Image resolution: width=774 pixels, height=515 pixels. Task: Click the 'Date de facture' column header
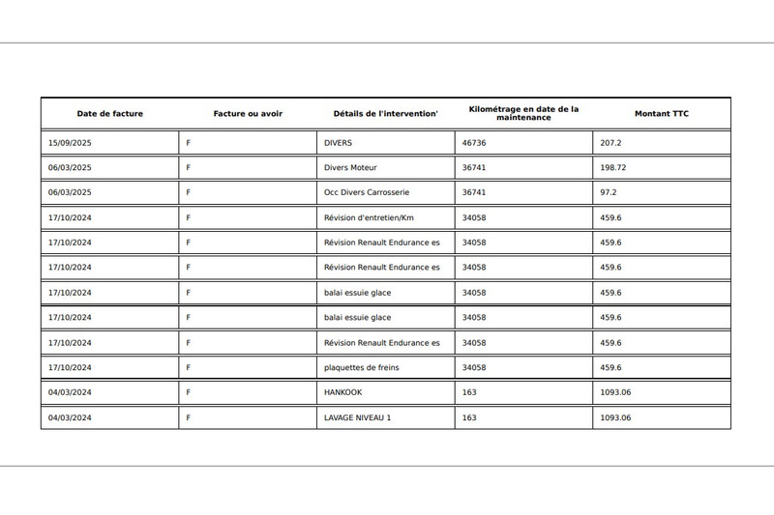pos(110,114)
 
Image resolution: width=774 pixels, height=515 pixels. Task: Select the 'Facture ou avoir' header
pos(248,114)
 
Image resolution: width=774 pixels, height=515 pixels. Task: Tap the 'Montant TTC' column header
pos(662,114)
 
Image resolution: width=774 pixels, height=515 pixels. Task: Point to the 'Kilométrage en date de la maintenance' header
pos(523,114)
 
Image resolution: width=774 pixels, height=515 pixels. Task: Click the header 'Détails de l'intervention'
pos(385,114)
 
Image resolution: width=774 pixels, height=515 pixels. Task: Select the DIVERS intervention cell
pos(339,142)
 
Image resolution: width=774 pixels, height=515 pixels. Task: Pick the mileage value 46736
pos(474,142)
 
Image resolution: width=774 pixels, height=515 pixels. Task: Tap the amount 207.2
pos(610,142)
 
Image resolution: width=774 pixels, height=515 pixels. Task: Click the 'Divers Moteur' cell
pos(350,167)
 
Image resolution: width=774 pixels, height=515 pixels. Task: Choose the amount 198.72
pos(613,167)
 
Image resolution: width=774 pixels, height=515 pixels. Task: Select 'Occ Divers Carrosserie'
pos(367,192)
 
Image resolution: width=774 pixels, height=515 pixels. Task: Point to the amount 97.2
pos(609,192)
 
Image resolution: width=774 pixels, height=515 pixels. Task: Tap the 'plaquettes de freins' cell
pos(362,367)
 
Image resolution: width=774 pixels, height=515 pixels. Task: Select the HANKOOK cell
pos(343,392)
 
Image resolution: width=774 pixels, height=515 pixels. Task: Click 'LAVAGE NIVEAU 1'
pos(358,417)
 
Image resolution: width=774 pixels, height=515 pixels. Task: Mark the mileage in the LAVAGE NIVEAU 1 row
pos(469,417)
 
